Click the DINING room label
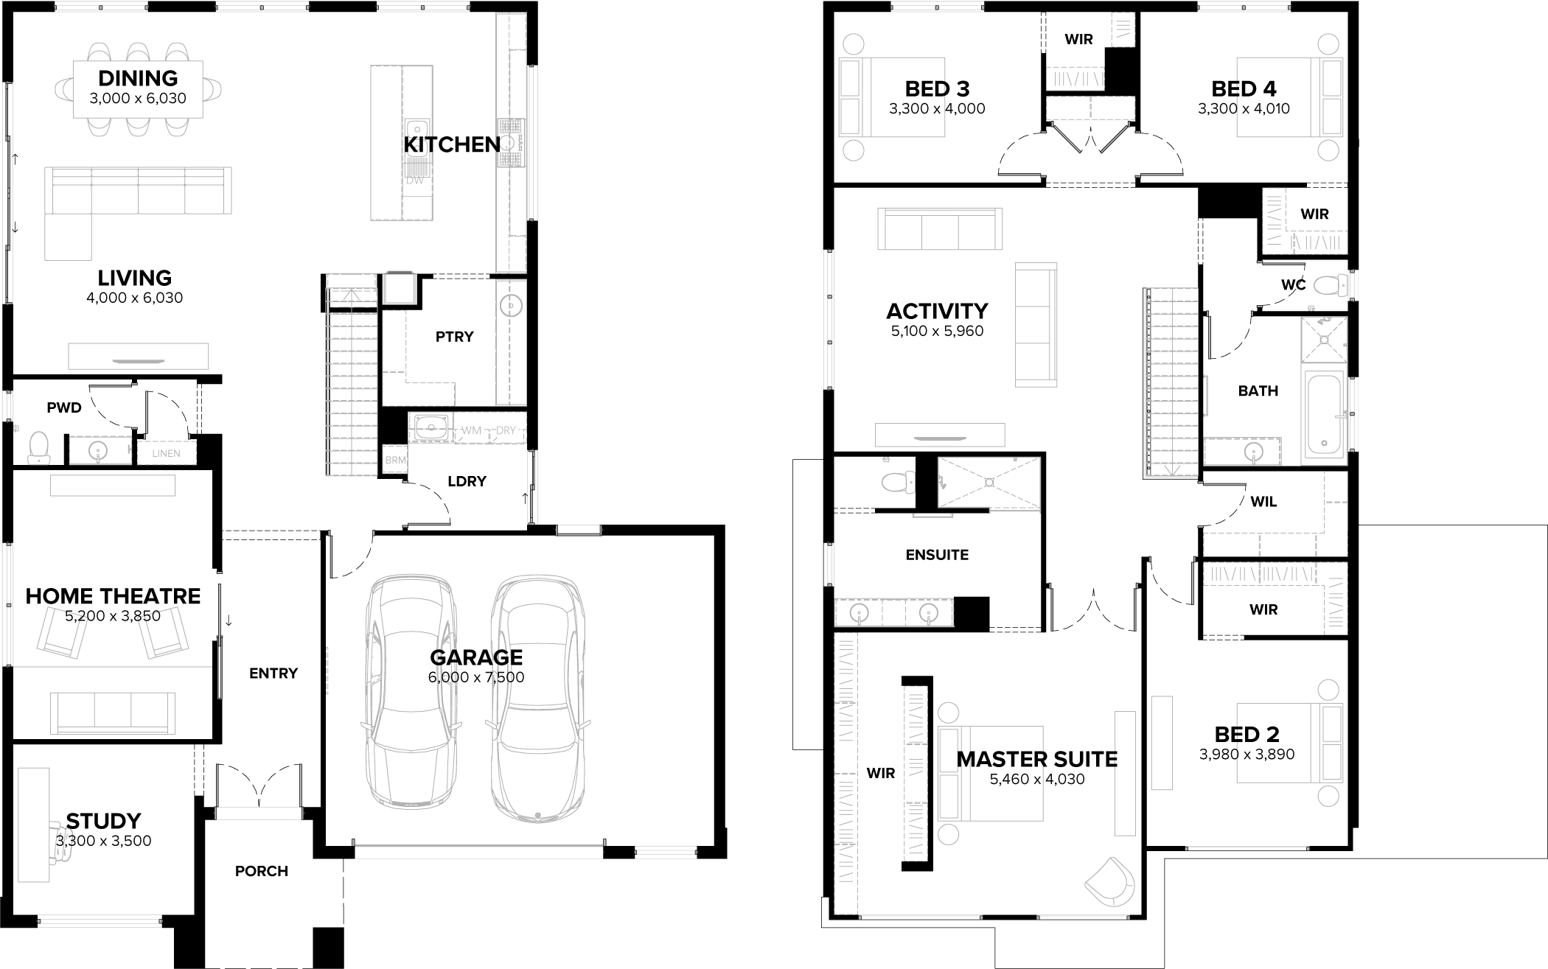(x=138, y=78)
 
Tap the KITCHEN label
(x=451, y=144)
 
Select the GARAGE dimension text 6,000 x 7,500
(x=475, y=677)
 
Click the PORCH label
(x=262, y=871)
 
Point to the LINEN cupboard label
(x=166, y=453)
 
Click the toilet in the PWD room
(x=38, y=447)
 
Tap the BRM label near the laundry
(x=395, y=461)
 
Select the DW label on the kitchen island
(x=415, y=181)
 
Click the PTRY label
(x=454, y=337)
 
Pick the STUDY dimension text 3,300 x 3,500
(x=103, y=841)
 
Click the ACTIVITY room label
(x=937, y=311)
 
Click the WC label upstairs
(x=1294, y=284)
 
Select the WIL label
(x=1263, y=502)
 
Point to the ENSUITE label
(x=937, y=555)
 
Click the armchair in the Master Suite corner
(x=1110, y=881)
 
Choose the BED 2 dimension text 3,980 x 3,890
(x=1247, y=755)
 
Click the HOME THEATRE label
(x=113, y=596)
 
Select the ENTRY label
(x=273, y=673)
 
